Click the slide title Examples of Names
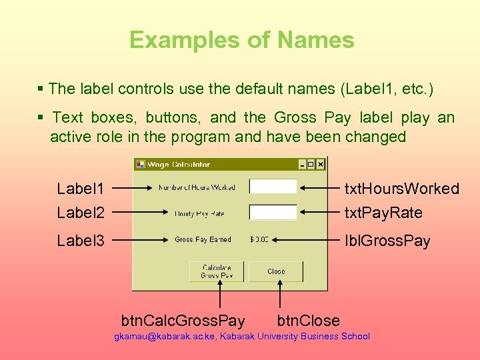coord(241,40)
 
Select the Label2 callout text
coord(81,213)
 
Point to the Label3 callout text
coord(81,241)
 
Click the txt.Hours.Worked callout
coord(401,189)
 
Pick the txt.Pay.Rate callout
coord(383,213)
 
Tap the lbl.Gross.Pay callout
coord(387,241)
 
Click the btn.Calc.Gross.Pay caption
coord(183,321)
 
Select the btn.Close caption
coord(308,321)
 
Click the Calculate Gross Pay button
coord(217,271)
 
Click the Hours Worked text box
coord(273,187)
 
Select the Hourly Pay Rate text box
coord(273,213)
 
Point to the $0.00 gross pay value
coord(259,239)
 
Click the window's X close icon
coord(321,164)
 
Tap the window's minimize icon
coord(302,164)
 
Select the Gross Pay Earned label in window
coord(203,239)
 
